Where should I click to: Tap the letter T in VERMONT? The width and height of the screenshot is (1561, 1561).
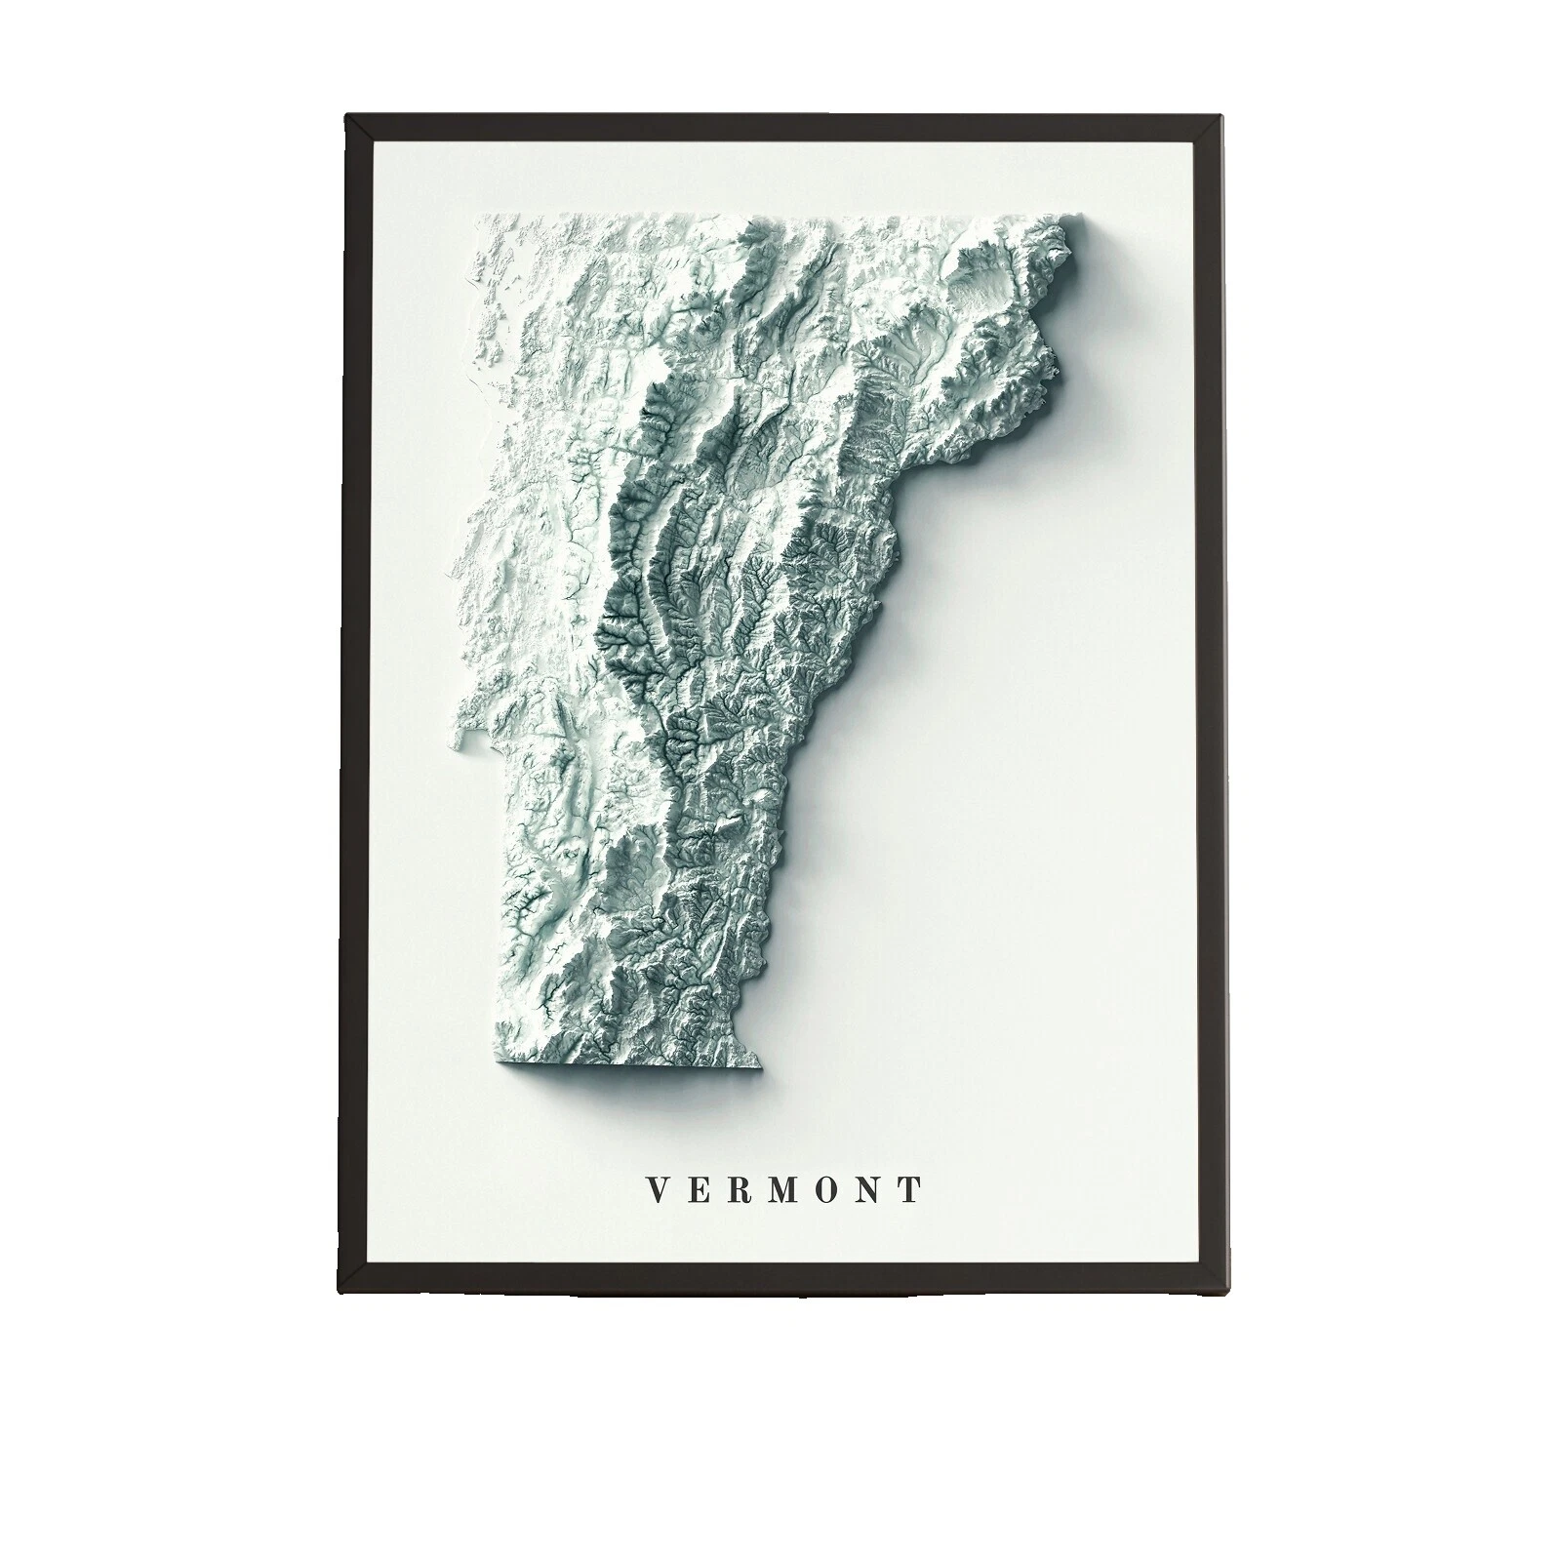(911, 1189)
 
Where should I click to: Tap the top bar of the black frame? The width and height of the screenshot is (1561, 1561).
(780, 128)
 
